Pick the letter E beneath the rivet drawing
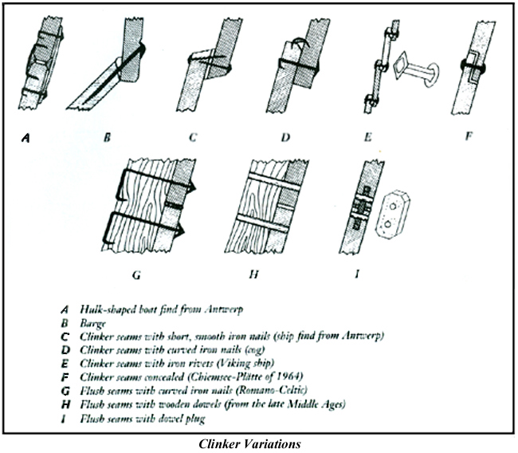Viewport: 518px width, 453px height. click(387, 136)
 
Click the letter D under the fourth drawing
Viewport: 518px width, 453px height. click(285, 136)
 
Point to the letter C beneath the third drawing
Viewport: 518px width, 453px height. click(193, 136)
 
